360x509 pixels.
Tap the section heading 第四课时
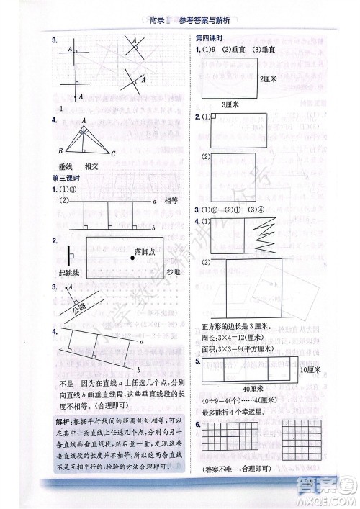click(x=209, y=37)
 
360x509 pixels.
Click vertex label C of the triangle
click(x=115, y=152)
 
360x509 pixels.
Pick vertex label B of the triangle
click(x=61, y=152)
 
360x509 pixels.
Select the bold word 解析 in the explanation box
click(x=61, y=421)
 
